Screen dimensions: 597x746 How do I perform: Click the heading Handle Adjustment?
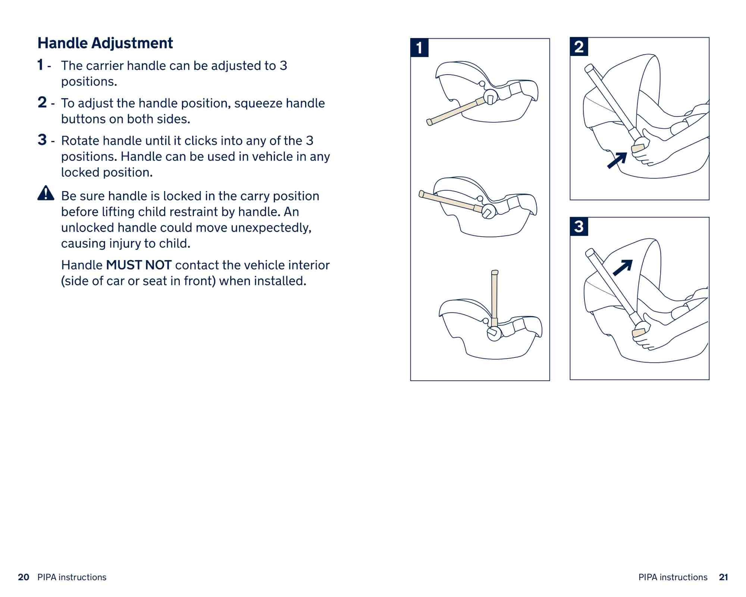[x=105, y=43]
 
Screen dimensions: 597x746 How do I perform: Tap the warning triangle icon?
[x=46, y=193]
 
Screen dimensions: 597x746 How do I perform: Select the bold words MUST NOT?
[x=139, y=265]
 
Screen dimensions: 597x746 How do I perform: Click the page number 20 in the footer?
[x=23, y=577]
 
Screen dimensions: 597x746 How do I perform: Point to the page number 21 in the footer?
[x=723, y=577]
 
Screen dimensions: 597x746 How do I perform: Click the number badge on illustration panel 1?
[x=419, y=48]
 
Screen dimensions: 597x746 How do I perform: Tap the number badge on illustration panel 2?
[x=579, y=47]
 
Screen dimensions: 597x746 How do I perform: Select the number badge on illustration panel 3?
[x=579, y=226]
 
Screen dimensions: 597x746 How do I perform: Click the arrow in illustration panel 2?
[x=617, y=160]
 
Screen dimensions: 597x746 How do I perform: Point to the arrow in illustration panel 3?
[x=623, y=268]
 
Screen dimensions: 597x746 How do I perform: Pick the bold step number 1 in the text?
[x=40, y=65]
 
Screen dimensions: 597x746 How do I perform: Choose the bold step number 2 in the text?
[x=42, y=102]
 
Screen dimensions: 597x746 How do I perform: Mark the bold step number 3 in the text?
[x=42, y=140]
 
